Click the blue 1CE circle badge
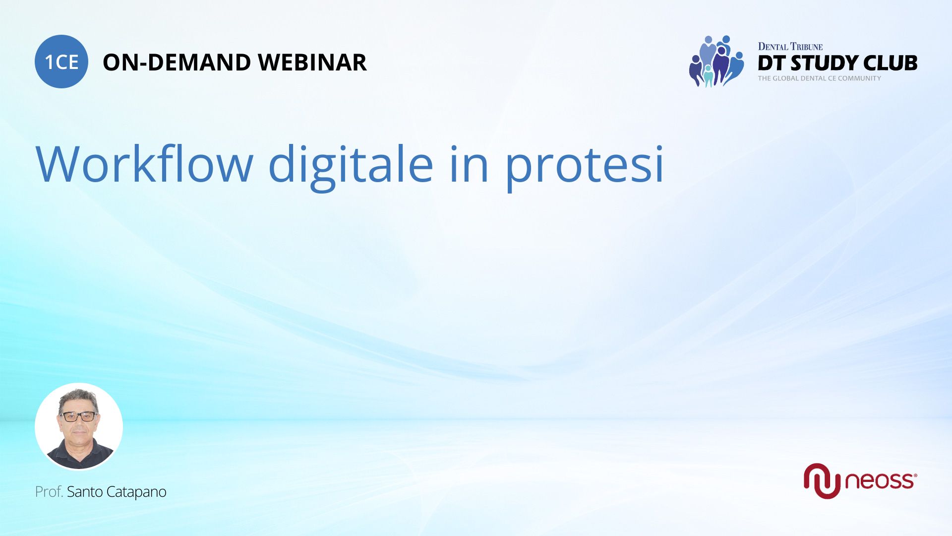tap(61, 62)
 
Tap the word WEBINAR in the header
tap(312, 63)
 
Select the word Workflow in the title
tap(144, 164)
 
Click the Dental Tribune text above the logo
tap(790, 47)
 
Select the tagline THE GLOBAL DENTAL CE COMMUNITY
tap(819, 78)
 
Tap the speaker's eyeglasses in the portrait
tap(79, 416)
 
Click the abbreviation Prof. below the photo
tap(49, 492)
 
